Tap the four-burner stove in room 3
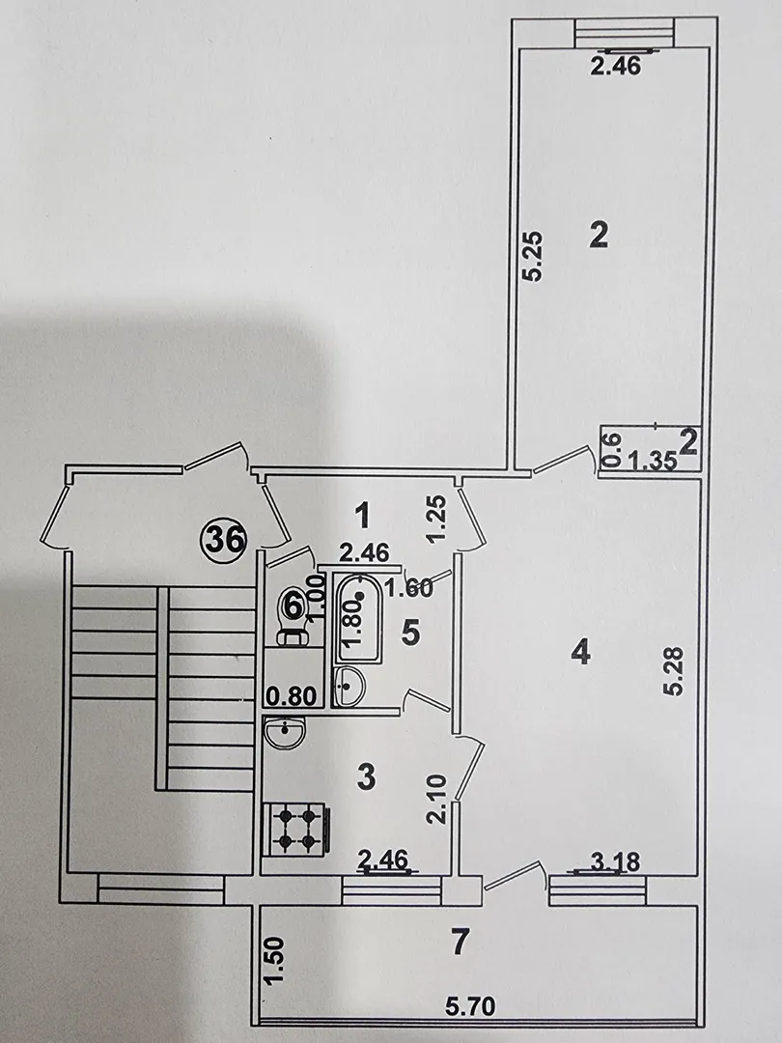(296, 829)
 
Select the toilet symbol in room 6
(293, 615)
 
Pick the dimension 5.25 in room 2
(535, 256)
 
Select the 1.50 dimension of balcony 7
(274, 961)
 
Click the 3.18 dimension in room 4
(614, 862)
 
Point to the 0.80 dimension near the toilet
(291, 696)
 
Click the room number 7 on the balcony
(461, 942)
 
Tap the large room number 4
(580, 652)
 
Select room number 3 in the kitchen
(367, 776)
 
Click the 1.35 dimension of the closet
(653, 461)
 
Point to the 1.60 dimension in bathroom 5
(409, 587)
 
